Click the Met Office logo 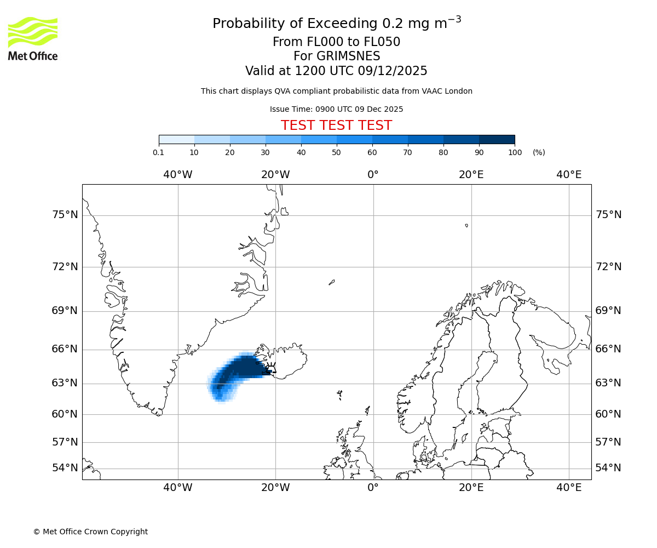click(33, 38)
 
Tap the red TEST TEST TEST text click(336, 125)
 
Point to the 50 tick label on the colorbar click(337, 152)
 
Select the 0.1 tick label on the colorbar click(159, 152)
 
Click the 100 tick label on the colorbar click(515, 152)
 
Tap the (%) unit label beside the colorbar click(539, 152)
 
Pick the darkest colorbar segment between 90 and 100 click(497, 139)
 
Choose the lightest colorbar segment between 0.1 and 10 click(177, 139)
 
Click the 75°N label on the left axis click(65, 215)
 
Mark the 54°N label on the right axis click(608, 468)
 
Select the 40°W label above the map click(178, 175)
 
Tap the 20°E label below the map click(471, 488)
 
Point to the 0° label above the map click(373, 175)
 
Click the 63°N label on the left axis click(65, 383)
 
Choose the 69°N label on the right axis click(608, 311)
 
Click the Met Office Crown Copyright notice click(90, 532)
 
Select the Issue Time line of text click(336, 109)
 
